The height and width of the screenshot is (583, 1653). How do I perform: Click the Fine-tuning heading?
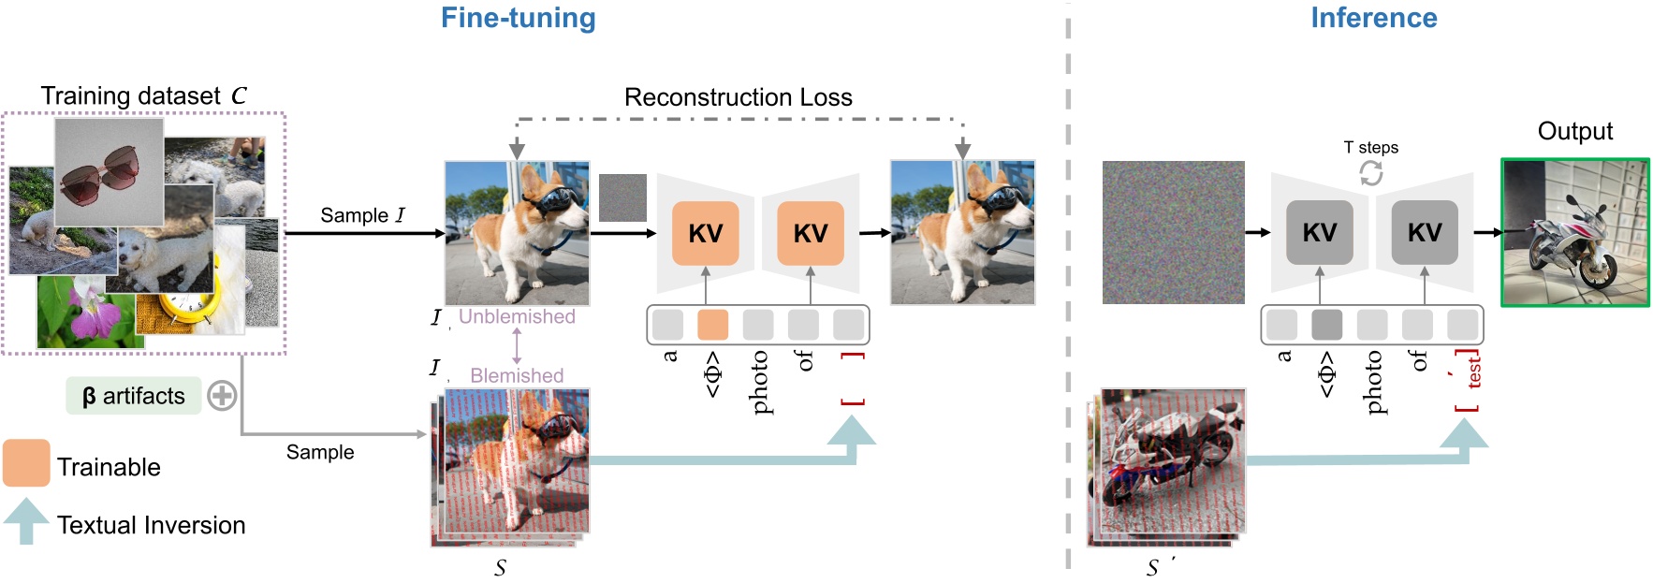(518, 18)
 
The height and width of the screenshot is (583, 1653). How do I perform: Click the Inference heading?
(1373, 18)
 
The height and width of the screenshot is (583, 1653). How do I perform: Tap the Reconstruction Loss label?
(738, 97)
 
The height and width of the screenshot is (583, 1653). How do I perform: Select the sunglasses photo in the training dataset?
(108, 171)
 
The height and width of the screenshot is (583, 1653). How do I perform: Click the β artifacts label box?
(133, 396)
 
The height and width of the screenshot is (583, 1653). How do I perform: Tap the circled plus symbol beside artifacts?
(222, 396)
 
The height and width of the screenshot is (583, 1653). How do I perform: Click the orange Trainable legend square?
(26, 462)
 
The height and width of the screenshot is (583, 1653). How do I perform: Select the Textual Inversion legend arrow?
(26, 520)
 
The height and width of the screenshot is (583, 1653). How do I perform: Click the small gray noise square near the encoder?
(622, 197)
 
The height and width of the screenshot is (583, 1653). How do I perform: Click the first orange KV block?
(705, 233)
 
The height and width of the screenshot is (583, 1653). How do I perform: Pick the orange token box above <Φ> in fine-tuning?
(712, 325)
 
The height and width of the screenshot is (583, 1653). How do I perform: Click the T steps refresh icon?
(1370, 173)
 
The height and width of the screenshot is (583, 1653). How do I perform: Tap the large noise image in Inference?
(1173, 232)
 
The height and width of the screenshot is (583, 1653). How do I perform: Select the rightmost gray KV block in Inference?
(1424, 233)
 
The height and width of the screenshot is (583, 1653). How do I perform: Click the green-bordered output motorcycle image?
(1575, 232)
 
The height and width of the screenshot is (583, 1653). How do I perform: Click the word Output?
(1574, 131)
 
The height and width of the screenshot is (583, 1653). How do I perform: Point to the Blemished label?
(517, 375)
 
